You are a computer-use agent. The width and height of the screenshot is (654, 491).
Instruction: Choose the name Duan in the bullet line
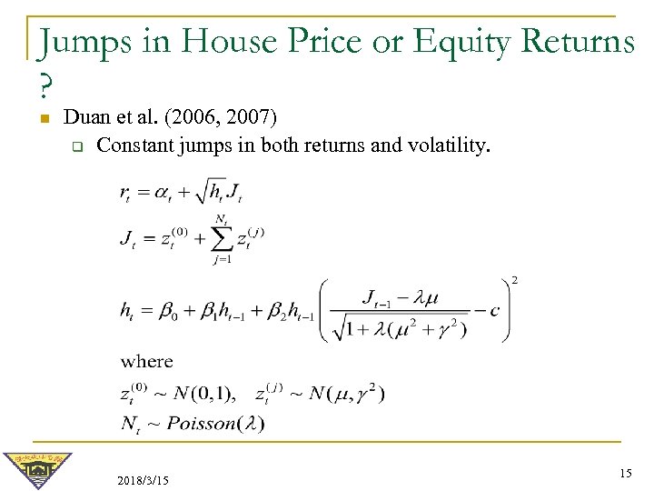tap(89, 117)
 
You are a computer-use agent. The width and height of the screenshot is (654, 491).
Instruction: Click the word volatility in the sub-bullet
tap(452, 145)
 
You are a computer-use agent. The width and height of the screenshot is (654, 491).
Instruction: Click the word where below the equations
tap(146, 361)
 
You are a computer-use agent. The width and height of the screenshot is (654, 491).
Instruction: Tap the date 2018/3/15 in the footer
tap(143, 478)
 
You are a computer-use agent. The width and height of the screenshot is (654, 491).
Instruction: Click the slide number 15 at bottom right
tap(625, 473)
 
